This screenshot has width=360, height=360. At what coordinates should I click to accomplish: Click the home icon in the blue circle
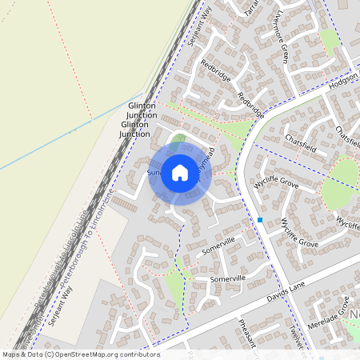point(180,172)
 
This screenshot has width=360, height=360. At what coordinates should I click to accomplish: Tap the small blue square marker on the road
point(260,219)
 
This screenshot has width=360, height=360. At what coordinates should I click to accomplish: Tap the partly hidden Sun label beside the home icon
point(154,172)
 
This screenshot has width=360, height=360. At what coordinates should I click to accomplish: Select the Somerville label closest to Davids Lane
point(227,278)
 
